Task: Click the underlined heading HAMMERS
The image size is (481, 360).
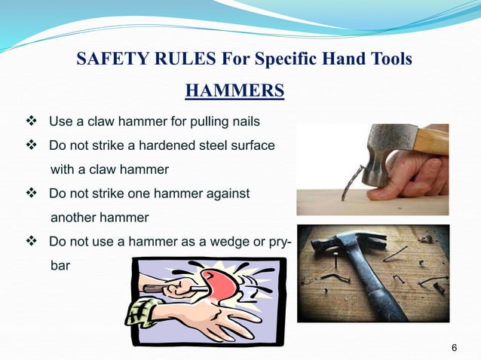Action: pos(234,91)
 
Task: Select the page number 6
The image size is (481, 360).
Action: pos(454,347)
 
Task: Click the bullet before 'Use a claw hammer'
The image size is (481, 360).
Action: pos(32,121)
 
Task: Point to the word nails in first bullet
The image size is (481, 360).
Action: pos(247,121)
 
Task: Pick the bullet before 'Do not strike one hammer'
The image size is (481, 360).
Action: pos(32,194)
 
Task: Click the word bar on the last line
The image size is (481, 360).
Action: pos(59,266)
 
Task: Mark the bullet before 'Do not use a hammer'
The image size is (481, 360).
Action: pos(32,242)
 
